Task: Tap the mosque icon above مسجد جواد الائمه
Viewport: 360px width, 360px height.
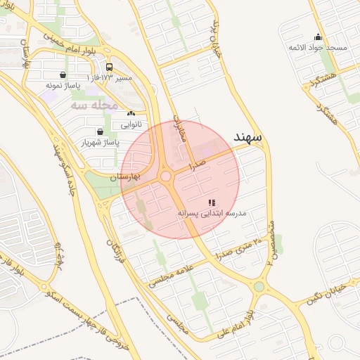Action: click(x=318, y=37)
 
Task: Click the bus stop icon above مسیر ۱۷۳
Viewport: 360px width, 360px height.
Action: click(x=108, y=67)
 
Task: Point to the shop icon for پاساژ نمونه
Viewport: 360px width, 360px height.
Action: click(x=64, y=75)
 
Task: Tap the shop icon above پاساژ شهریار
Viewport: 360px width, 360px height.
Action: click(x=99, y=131)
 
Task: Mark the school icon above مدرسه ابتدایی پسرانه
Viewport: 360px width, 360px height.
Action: click(x=212, y=202)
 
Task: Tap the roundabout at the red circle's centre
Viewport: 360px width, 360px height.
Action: click(x=167, y=178)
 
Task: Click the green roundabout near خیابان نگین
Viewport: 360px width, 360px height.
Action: click(x=259, y=287)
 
